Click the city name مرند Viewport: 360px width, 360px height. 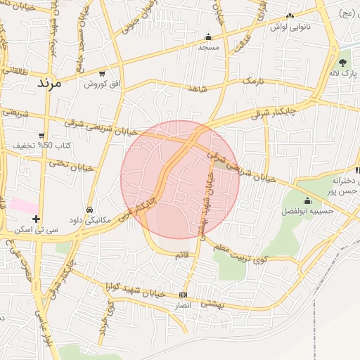coord(49,83)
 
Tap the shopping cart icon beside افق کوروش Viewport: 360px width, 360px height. coord(103,73)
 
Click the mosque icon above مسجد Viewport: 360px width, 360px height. coord(208,37)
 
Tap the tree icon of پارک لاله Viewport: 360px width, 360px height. coord(343,62)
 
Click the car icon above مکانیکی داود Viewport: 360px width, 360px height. coord(89,210)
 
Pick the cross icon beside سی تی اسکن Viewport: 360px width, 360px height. coord(36,219)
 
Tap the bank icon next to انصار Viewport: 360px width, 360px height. coord(184,295)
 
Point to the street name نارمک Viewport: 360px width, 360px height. coord(257,82)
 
